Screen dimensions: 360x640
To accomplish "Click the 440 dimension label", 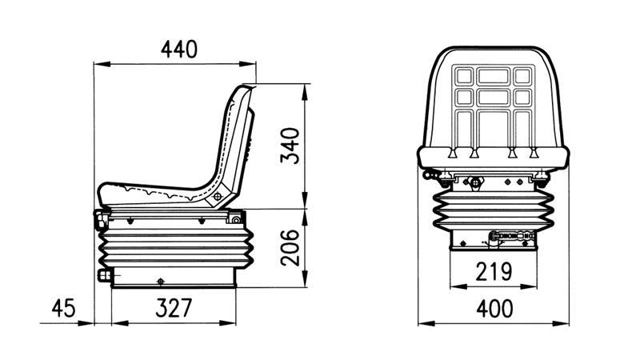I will click(178, 50).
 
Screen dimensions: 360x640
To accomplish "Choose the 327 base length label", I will click(175, 308).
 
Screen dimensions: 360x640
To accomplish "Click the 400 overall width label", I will click(493, 308).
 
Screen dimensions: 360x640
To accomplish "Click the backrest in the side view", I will click(233, 136).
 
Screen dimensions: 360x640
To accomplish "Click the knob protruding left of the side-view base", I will click(102, 276).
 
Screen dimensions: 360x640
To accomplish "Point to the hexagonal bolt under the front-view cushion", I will click(477, 182).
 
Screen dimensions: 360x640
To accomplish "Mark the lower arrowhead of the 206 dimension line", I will click(306, 282).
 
